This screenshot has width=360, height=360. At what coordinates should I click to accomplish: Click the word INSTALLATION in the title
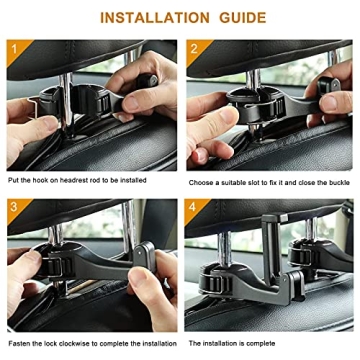[153, 17]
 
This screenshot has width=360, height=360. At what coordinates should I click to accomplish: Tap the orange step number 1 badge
[14, 49]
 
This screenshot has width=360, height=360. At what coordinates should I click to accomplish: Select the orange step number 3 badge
[14, 207]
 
